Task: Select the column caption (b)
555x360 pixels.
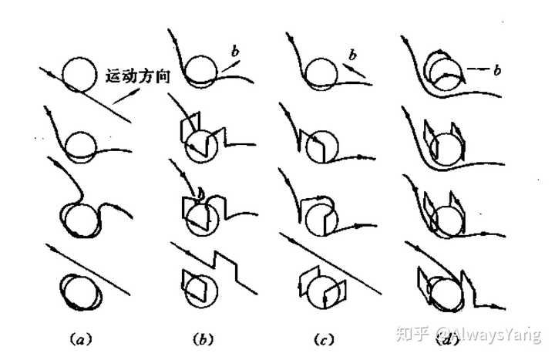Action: pyautogui.click(x=203, y=339)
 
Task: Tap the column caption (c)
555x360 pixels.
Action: pyautogui.click(x=324, y=340)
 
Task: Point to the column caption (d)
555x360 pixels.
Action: pyautogui.click(x=447, y=341)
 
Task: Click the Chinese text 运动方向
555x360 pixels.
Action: pyautogui.click(x=138, y=76)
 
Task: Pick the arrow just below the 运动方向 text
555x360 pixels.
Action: pyautogui.click(x=126, y=96)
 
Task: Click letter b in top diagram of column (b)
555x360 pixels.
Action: pyautogui.click(x=235, y=51)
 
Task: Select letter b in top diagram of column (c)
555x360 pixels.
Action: pyautogui.click(x=352, y=55)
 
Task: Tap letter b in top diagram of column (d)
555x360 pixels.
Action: pyautogui.click(x=497, y=70)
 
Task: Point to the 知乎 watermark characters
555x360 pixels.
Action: pyautogui.click(x=412, y=333)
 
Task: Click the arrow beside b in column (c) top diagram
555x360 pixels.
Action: pyautogui.click(x=354, y=70)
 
